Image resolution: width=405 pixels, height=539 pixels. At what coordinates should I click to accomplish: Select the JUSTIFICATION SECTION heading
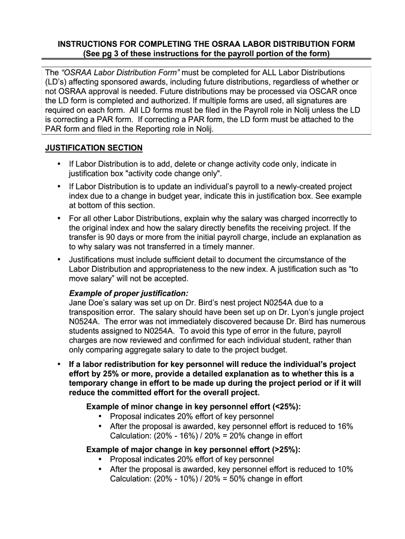94,147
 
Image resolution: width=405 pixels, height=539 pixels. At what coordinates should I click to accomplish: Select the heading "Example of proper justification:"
128,293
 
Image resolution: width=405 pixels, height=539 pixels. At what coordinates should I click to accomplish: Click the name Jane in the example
78,303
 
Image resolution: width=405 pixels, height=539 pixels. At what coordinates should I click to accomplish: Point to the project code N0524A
87,322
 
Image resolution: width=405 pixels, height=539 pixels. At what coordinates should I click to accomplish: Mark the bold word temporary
89,383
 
